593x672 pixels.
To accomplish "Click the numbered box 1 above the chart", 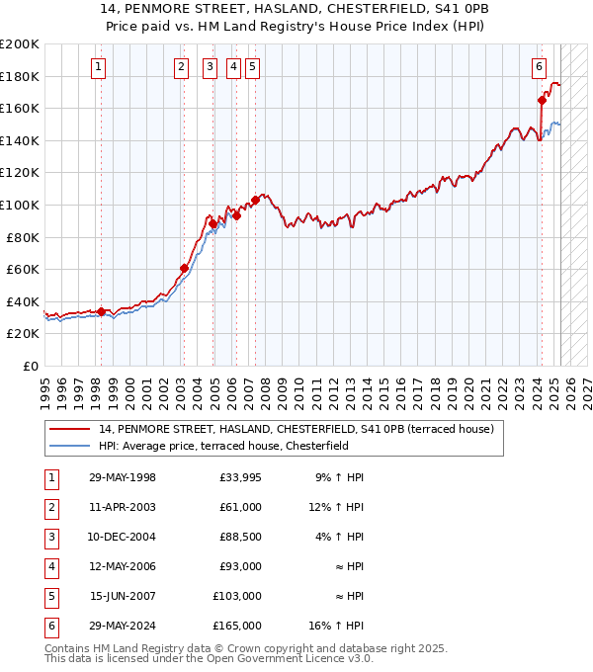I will point(100,67).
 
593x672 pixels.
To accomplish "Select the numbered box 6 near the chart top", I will point(539,67).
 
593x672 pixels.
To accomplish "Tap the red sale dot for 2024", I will point(542,100).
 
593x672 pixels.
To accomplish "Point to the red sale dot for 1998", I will point(101,311).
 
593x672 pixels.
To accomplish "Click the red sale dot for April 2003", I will point(184,268).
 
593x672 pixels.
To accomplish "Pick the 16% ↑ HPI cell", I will point(341,626).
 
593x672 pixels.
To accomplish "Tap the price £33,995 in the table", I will point(240,477).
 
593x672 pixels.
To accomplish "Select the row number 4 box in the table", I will point(50,566).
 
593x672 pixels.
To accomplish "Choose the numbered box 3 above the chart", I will point(211,67).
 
